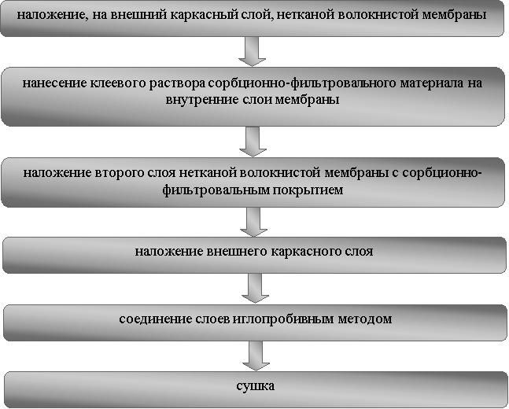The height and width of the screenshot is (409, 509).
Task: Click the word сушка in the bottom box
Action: pyautogui.click(x=256, y=386)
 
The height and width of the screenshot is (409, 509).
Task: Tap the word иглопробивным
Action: pyautogui.click(x=278, y=320)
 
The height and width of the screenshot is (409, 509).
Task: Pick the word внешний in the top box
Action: pyautogui.click(x=138, y=15)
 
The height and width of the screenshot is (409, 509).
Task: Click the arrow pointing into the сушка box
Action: pyautogui.click(x=256, y=356)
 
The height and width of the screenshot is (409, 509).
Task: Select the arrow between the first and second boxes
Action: pyautogui.click(x=253, y=51)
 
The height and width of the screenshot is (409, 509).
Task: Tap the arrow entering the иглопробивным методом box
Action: pyautogui.click(x=255, y=288)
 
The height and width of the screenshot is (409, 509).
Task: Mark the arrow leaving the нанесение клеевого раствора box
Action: pyautogui.click(x=253, y=142)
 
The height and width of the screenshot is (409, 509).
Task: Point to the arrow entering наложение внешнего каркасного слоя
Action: pyautogui.click(x=253, y=222)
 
